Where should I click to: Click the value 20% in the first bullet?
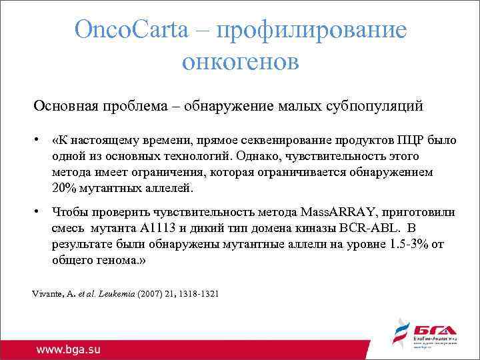[64, 189]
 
